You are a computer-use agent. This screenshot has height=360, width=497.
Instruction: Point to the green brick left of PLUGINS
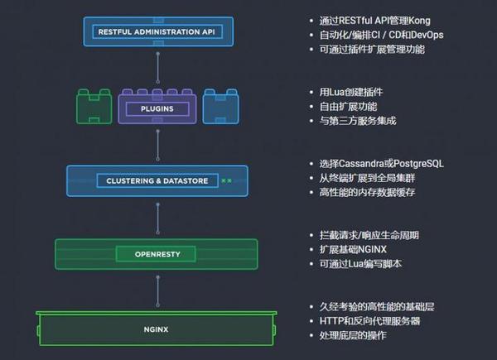(x=94, y=107)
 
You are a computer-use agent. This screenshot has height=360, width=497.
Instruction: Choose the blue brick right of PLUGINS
(x=220, y=107)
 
